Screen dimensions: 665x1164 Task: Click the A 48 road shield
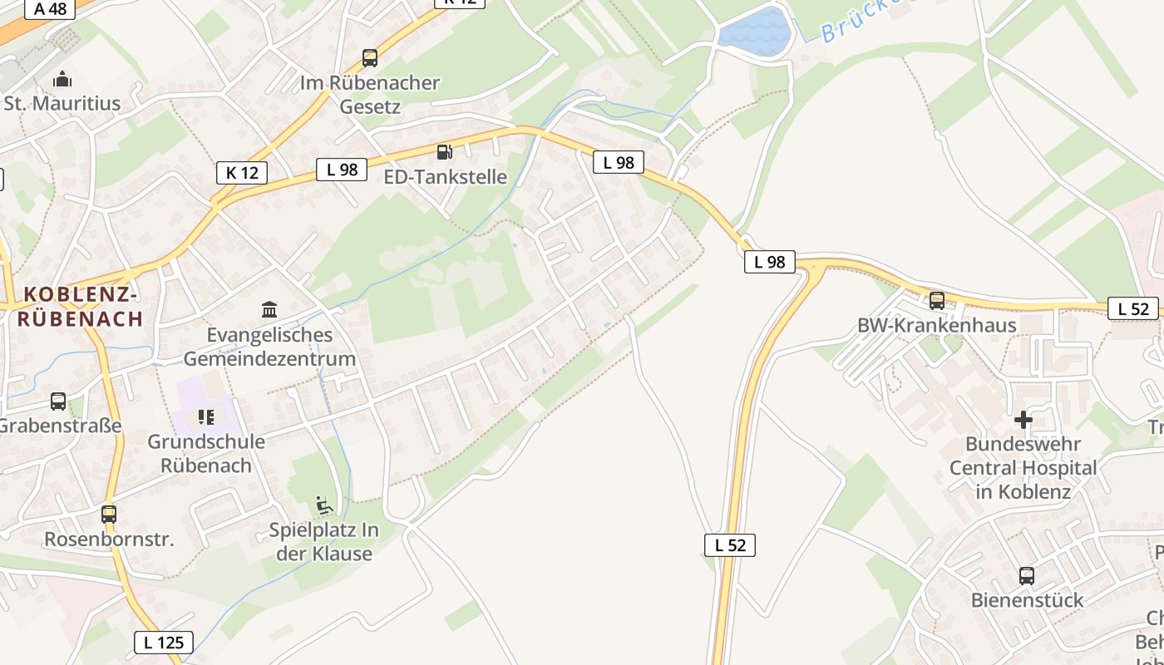[x=49, y=9]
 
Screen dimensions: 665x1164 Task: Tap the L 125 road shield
[x=164, y=642]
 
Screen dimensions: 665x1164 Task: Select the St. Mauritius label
[x=62, y=104]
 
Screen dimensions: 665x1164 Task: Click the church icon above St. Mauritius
[x=62, y=80]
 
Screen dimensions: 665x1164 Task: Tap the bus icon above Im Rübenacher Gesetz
[x=370, y=58]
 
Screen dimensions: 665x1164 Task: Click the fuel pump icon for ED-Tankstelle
[x=445, y=152]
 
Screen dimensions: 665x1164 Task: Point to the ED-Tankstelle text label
[x=445, y=177]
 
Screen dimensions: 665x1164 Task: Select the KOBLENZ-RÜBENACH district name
[x=81, y=306]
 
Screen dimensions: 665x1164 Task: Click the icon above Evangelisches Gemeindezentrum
[x=269, y=310]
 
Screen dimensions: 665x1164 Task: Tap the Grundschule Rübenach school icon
[x=206, y=416]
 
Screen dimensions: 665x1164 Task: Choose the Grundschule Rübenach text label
[x=206, y=453]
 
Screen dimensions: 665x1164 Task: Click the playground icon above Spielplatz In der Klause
[x=324, y=505]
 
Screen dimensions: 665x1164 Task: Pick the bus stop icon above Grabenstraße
[x=58, y=401]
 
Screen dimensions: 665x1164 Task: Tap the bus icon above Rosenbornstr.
[x=109, y=515]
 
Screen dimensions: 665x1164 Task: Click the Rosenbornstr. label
[x=109, y=539]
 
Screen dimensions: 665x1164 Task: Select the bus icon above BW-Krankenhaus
[x=937, y=301]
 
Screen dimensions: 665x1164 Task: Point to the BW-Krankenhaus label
[x=937, y=325]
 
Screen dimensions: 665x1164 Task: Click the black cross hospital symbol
[x=1023, y=420]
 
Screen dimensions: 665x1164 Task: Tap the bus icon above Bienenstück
[x=1027, y=576]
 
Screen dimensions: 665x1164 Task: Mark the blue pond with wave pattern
[x=755, y=32]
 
